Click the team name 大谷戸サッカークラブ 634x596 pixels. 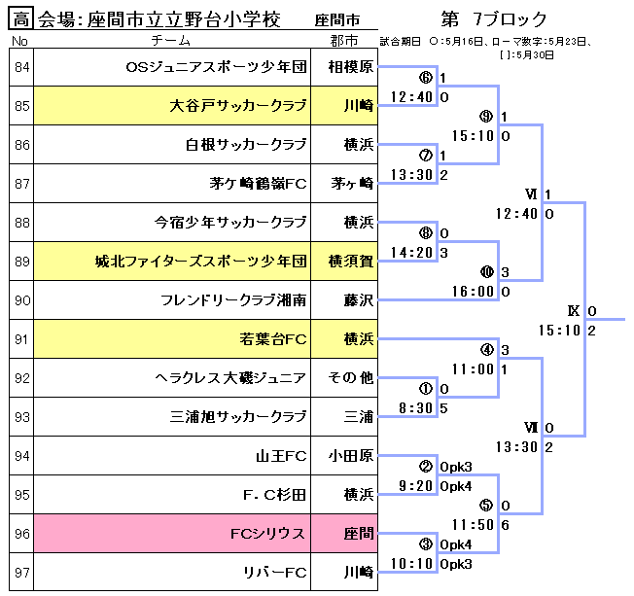click(238, 106)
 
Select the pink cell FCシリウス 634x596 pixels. click(267, 534)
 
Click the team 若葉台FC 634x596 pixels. click(273, 339)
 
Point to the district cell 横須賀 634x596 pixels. click(351, 262)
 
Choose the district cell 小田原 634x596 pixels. click(351, 456)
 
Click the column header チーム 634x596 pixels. click(172, 41)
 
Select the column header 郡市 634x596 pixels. click(343, 41)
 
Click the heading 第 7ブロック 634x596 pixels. click(493, 18)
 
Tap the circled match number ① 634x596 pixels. click(425, 388)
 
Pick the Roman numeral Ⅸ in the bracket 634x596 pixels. click(574, 311)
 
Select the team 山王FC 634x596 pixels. click(282, 456)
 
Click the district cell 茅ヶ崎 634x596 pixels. click(351, 184)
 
